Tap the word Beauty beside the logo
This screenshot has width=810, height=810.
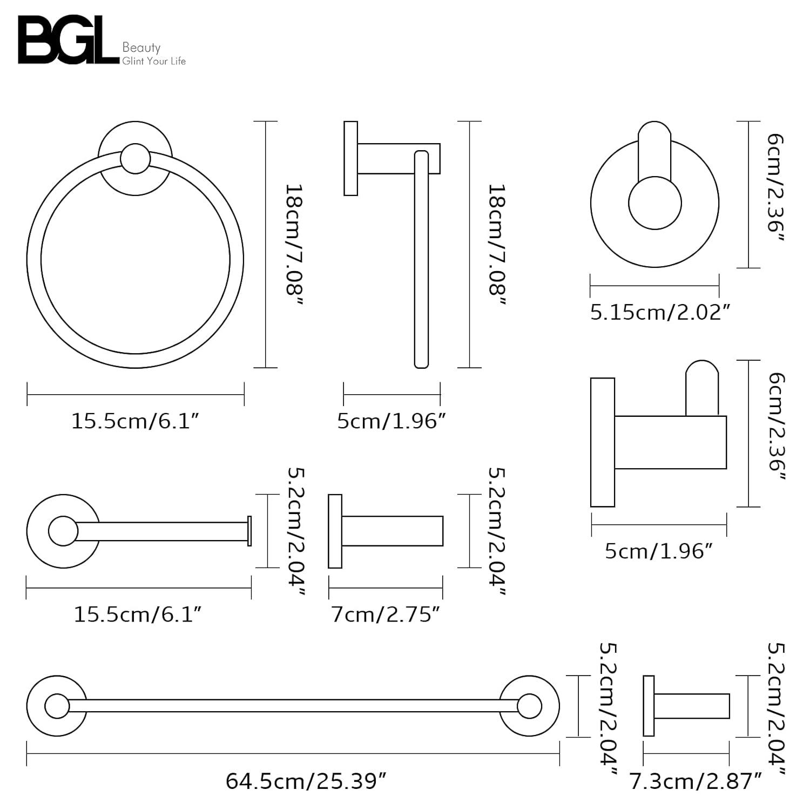pyautogui.click(x=141, y=48)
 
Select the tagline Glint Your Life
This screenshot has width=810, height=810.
pyautogui.click(x=154, y=62)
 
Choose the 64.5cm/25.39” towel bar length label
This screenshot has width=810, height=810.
pyautogui.click(x=306, y=781)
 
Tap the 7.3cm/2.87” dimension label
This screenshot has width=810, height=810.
pyautogui.click(x=696, y=781)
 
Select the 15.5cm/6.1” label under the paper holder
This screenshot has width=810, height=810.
pyautogui.click(x=138, y=615)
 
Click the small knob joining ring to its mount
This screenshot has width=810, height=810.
pyautogui.click(x=135, y=158)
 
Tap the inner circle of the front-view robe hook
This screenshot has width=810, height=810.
pyautogui.click(x=654, y=204)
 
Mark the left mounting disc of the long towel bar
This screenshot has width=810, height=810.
pyautogui.click(x=57, y=706)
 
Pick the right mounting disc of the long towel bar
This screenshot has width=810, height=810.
pyautogui.click(x=529, y=706)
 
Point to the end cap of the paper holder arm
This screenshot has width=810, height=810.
pyautogui.click(x=249, y=531)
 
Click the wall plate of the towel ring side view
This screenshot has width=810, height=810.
pyautogui.click(x=350, y=158)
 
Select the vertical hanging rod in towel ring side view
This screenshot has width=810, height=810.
pyautogui.click(x=421, y=259)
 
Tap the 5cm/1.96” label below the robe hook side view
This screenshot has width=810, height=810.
pyautogui.click(x=659, y=551)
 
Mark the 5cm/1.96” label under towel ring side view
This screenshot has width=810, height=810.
pyautogui.click(x=391, y=421)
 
